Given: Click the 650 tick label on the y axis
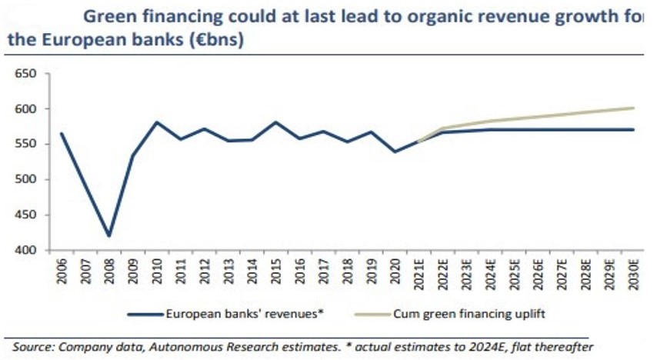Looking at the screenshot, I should click(26, 74).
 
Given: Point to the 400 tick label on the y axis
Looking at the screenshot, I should click(26, 251).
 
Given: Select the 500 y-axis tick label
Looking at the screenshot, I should click(26, 180).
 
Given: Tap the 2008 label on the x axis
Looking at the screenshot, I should click(109, 272).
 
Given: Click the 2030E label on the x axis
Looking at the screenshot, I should click(633, 274).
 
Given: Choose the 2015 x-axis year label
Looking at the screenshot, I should click(276, 272).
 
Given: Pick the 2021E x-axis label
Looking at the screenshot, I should click(419, 274).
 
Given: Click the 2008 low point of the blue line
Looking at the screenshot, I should click(109, 236).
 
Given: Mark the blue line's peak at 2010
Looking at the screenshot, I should click(157, 122).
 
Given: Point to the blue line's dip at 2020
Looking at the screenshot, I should click(395, 152).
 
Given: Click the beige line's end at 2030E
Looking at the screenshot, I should click(633, 108).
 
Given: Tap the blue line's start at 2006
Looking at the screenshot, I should click(62, 133).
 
